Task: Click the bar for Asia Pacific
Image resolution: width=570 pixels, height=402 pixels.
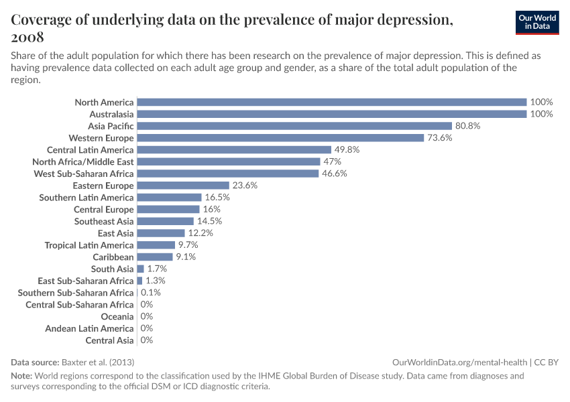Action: [x=294, y=126]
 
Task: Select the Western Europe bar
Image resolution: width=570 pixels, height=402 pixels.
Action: [x=280, y=138]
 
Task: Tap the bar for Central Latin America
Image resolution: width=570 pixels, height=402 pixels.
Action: [x=234, y=149]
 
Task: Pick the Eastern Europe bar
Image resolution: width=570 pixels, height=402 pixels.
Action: [x=183, y=186]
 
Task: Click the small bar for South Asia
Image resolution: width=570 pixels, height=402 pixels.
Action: [x=140, y=269]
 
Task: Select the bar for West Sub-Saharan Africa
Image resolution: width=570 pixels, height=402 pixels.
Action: [x=227, y=174]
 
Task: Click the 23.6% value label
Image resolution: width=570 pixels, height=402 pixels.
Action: [x=245, y=186]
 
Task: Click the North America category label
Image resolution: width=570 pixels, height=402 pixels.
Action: [x=104, y=103]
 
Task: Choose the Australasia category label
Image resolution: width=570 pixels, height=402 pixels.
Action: [x=111, y=114]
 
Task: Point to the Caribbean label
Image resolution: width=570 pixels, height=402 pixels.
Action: [x=113, y=257]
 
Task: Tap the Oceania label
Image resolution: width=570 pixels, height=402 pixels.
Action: [x=117, y=316]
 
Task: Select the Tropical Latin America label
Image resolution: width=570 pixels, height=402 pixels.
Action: [x=89, y=245]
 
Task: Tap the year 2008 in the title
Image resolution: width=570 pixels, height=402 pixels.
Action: [x=27, y=37]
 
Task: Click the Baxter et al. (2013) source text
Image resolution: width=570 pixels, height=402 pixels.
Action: [x=94, y=362]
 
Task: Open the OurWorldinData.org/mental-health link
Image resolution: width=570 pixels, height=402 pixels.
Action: [x=459, y=362]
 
